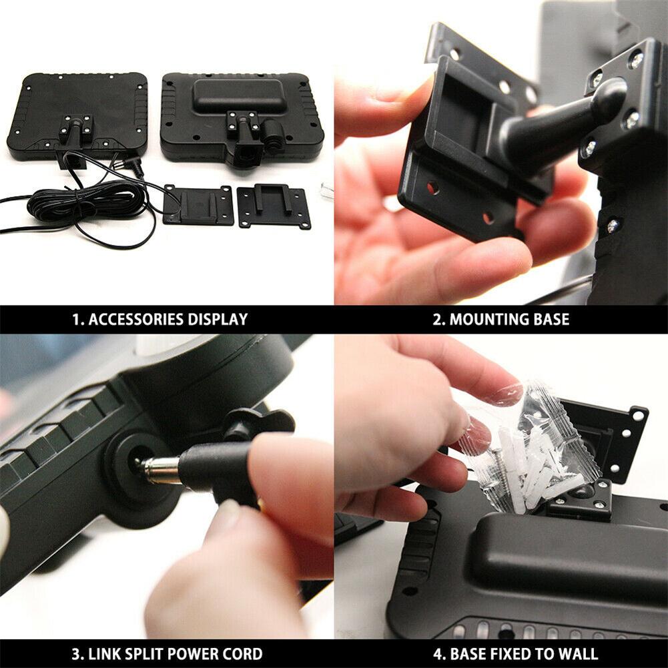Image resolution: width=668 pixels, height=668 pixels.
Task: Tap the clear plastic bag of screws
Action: pos(529,447)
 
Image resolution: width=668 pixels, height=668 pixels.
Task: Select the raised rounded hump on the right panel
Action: pos(239,96)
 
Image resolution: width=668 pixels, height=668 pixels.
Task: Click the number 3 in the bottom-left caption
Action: pos(75,654)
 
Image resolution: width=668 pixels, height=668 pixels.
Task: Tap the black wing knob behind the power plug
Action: pos(259,424)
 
